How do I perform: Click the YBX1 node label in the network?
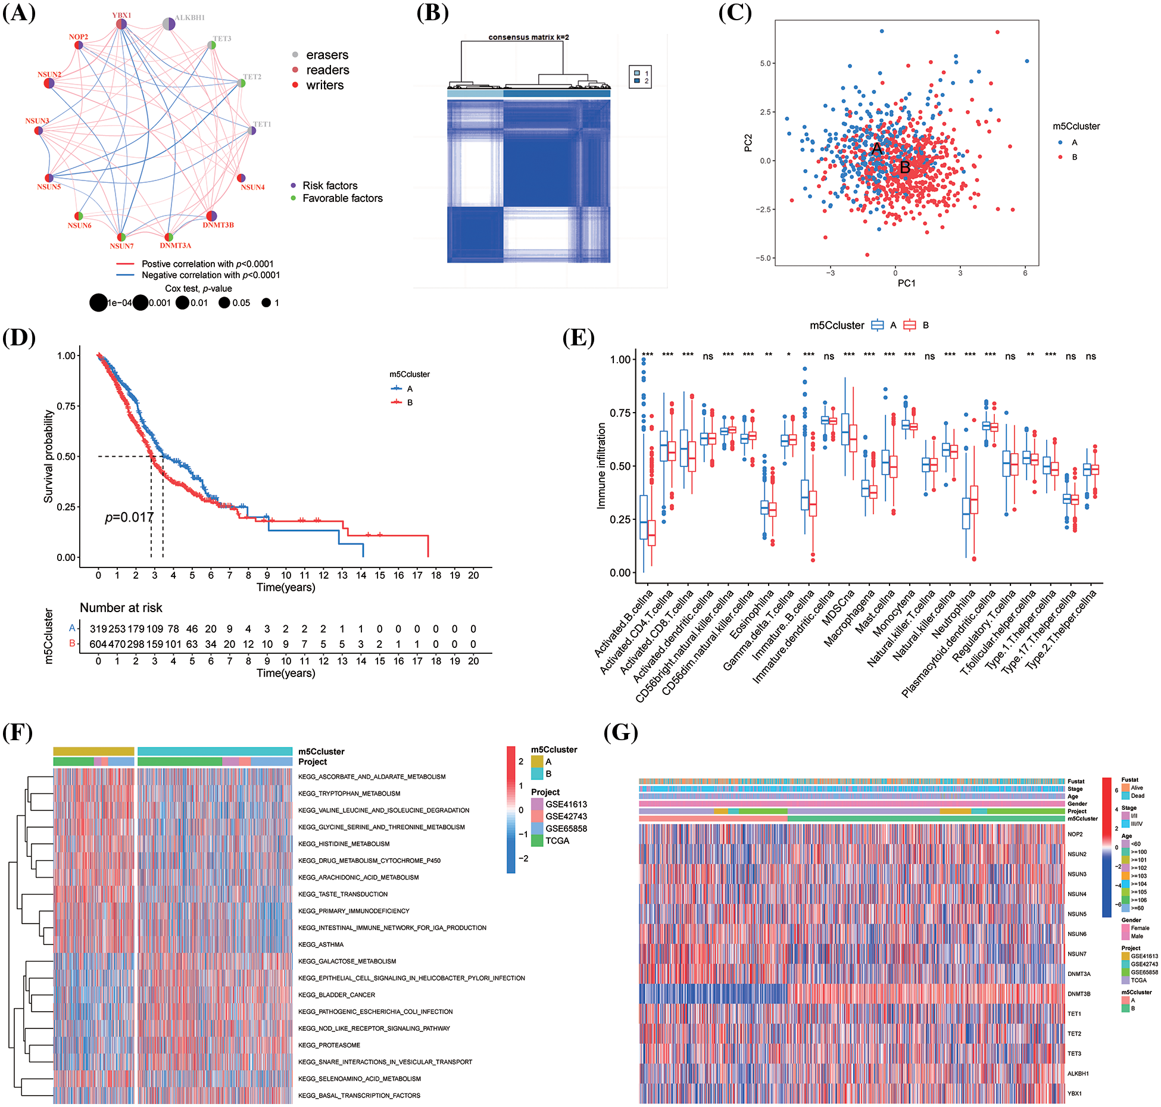coord(121,15)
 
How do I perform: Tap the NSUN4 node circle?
coord(241,178)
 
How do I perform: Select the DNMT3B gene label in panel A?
coord(218,225)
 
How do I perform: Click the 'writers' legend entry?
coord(324,85)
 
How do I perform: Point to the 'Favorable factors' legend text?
coord(342,198)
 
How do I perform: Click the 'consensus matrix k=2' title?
coord(529,37)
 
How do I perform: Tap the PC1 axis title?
coord(906,283)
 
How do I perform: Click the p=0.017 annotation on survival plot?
coord(129,517)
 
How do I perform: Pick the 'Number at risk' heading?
coord(121,607)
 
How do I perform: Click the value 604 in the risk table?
coord(98,644)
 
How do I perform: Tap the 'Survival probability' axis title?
coord(48,456)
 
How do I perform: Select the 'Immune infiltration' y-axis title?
coord(601,466)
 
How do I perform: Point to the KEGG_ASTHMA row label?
coord(321,944)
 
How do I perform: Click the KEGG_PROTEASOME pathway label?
coord(329,1045)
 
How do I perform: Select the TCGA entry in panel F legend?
coord(557,841)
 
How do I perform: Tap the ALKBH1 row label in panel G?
coord(1078,1074)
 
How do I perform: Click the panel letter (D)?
coord(19,337)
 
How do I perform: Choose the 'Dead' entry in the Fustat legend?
coord(1137,796)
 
